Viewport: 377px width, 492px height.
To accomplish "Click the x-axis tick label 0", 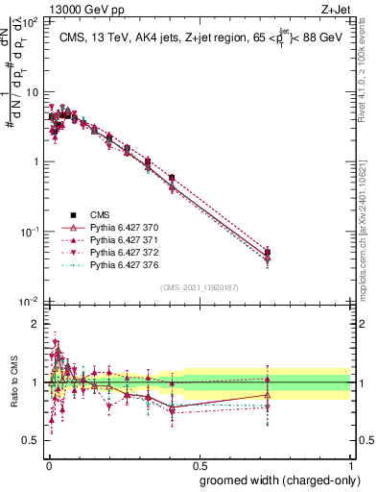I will pyautogui.click(x=47, y=465).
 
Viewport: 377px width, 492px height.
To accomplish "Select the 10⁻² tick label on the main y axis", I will pyautogui.click(x=27, y=302).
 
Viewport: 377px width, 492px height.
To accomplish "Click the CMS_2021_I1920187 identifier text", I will pyautogui.click(x=199, y=286).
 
